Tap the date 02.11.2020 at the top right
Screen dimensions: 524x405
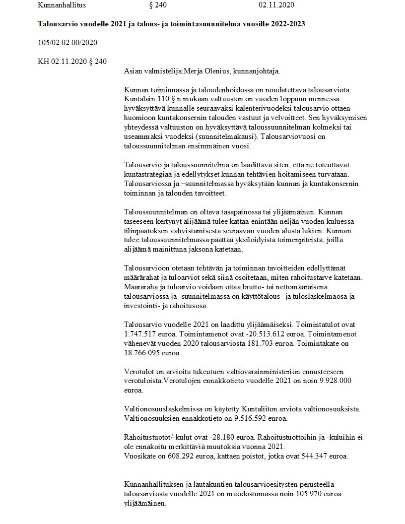coord(277,5)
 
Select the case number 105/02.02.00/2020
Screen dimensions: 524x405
coord(67,43)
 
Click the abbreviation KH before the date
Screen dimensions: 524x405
coord(44,62)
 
